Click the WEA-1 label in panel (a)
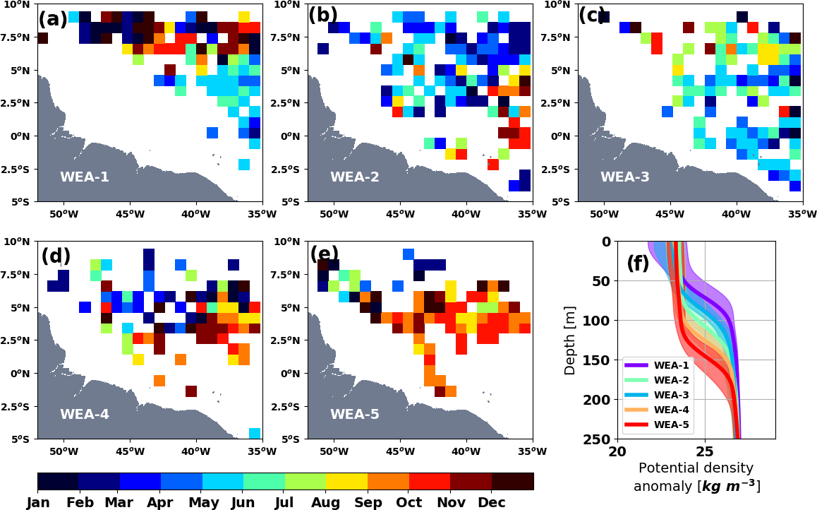coord(85,177)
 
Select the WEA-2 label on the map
coord(355,177)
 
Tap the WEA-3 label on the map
coord(625,177)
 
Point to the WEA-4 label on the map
coord(85,415)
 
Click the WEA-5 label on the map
coord(355,415)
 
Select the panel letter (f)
coord(638,263)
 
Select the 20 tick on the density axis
coord(617,451)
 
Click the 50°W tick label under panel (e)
coord(334,451)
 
